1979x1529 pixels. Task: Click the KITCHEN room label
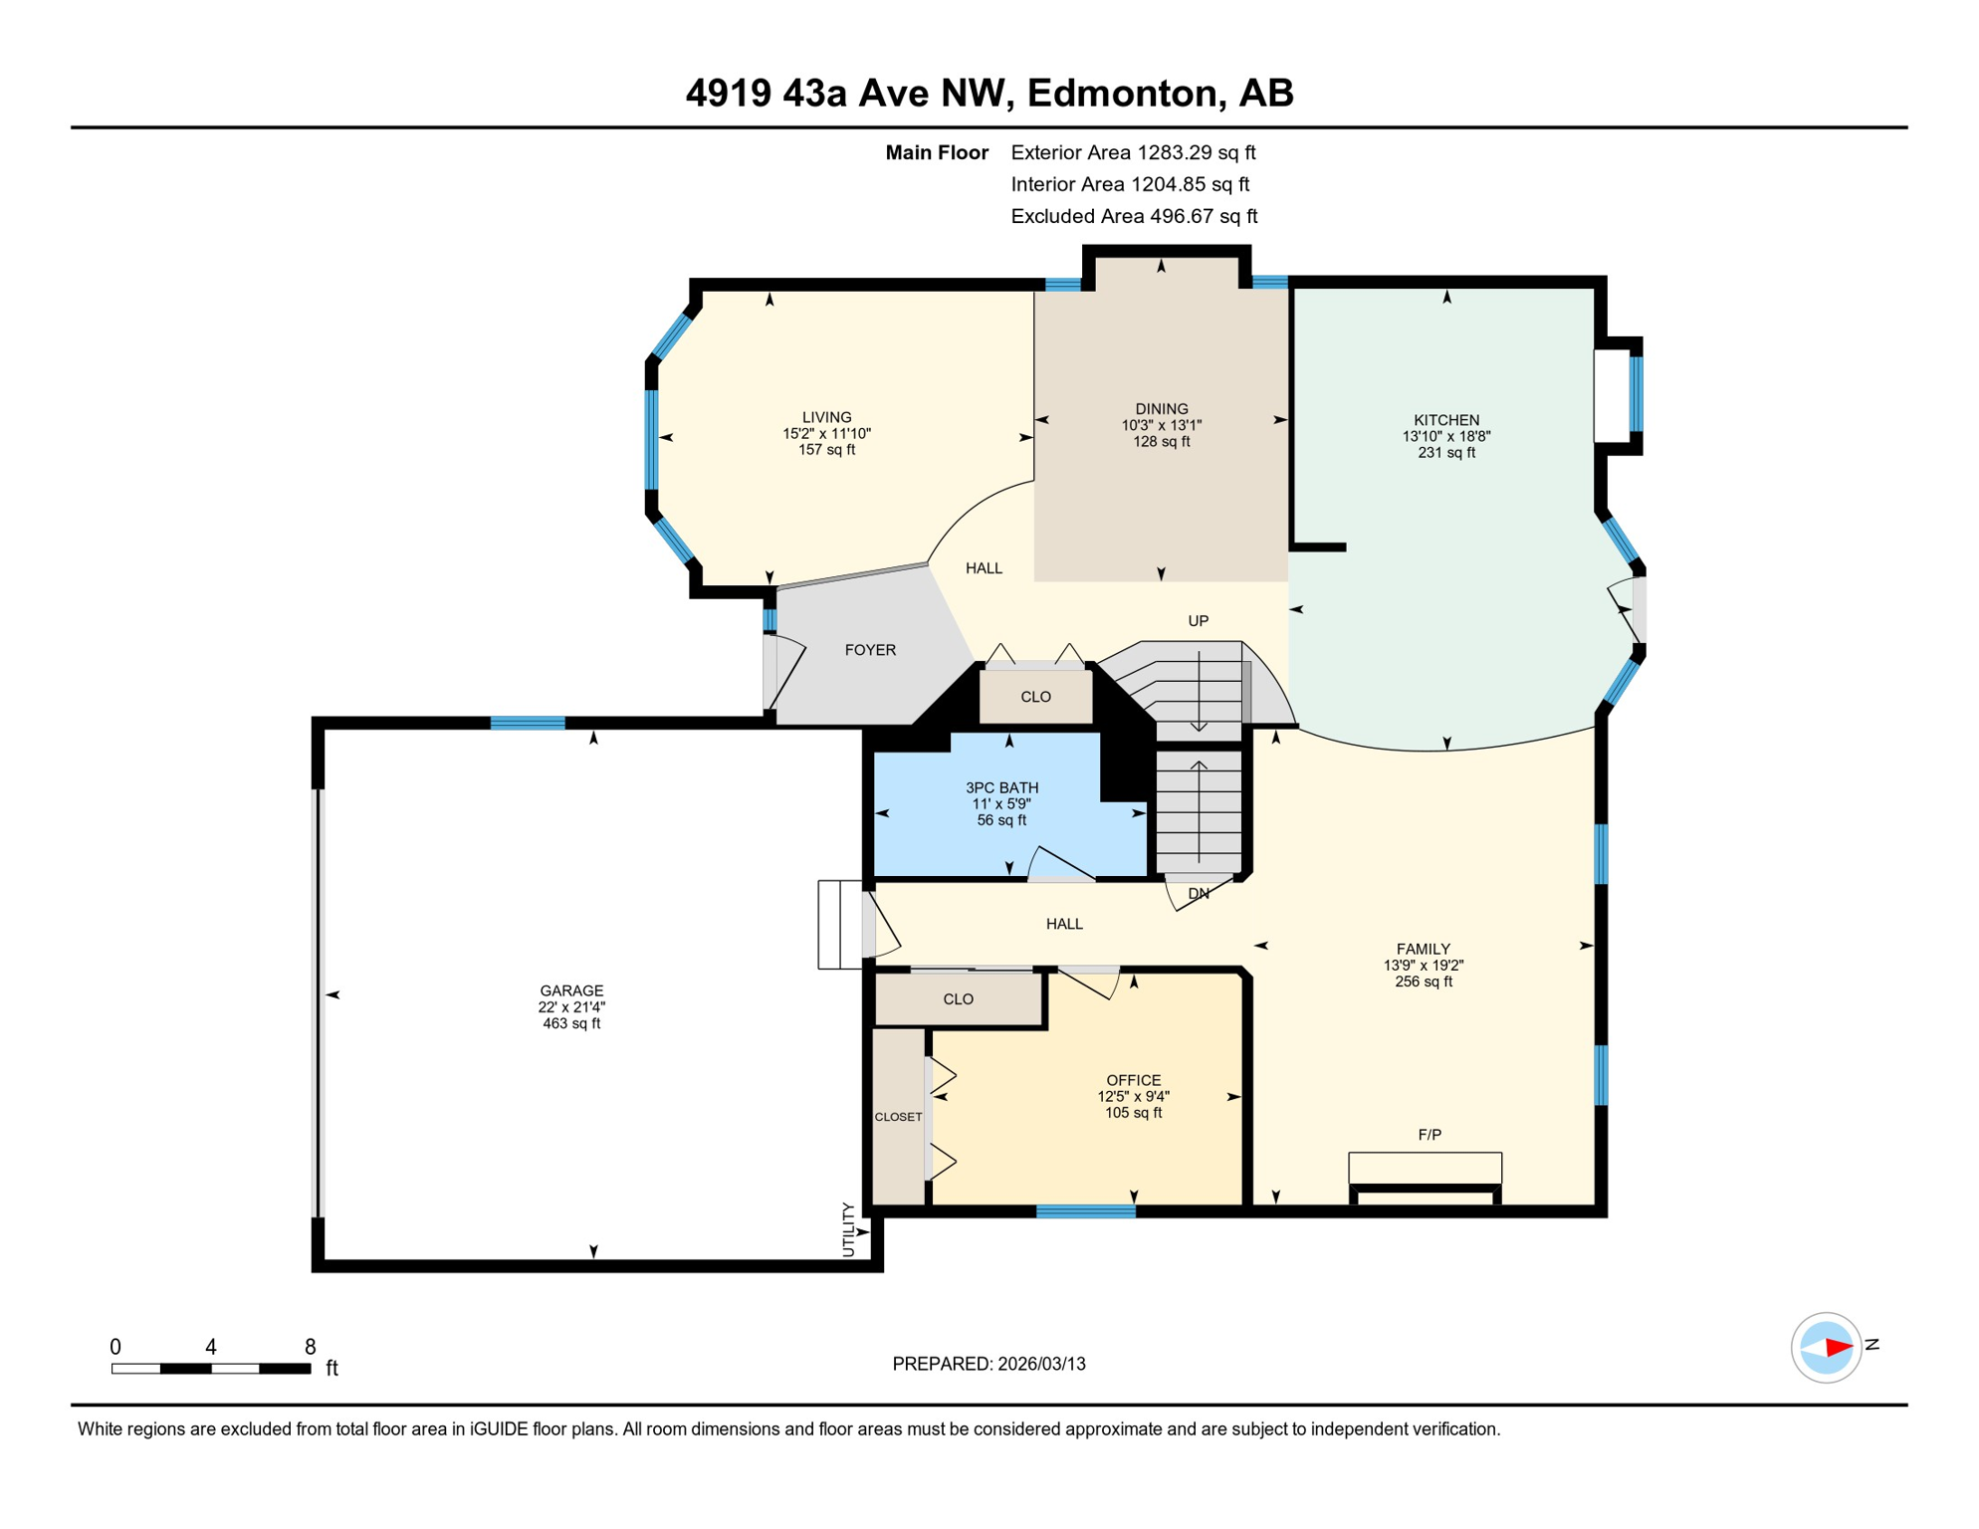[1445, 420]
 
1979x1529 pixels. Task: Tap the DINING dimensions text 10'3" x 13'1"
[1161, 425]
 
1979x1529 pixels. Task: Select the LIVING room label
[826, 417]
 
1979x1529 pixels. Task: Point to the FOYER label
[870, 650]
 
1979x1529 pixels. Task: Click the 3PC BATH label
[1001, 787]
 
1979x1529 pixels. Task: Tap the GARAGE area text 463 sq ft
[571, 1023]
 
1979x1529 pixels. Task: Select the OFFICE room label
[1133, 1080]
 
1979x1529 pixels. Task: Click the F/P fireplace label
[1429, 1135]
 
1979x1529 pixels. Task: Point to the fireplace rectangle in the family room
[1425, 1168]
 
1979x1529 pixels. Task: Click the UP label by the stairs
[1198, 621]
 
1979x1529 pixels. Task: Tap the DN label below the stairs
[1198, 894]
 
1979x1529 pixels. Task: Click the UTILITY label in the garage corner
[848, 1229]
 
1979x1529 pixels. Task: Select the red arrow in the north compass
[1838, 1348]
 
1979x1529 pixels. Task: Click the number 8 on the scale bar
[311, 1347]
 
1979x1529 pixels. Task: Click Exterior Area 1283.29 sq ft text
[1133, 152]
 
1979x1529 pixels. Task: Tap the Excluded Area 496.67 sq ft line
[1133, 216]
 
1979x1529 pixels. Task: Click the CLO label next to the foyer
[1035, 697]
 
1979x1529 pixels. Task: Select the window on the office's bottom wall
[1085, 1211]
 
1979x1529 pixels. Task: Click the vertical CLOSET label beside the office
[898, 1117]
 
